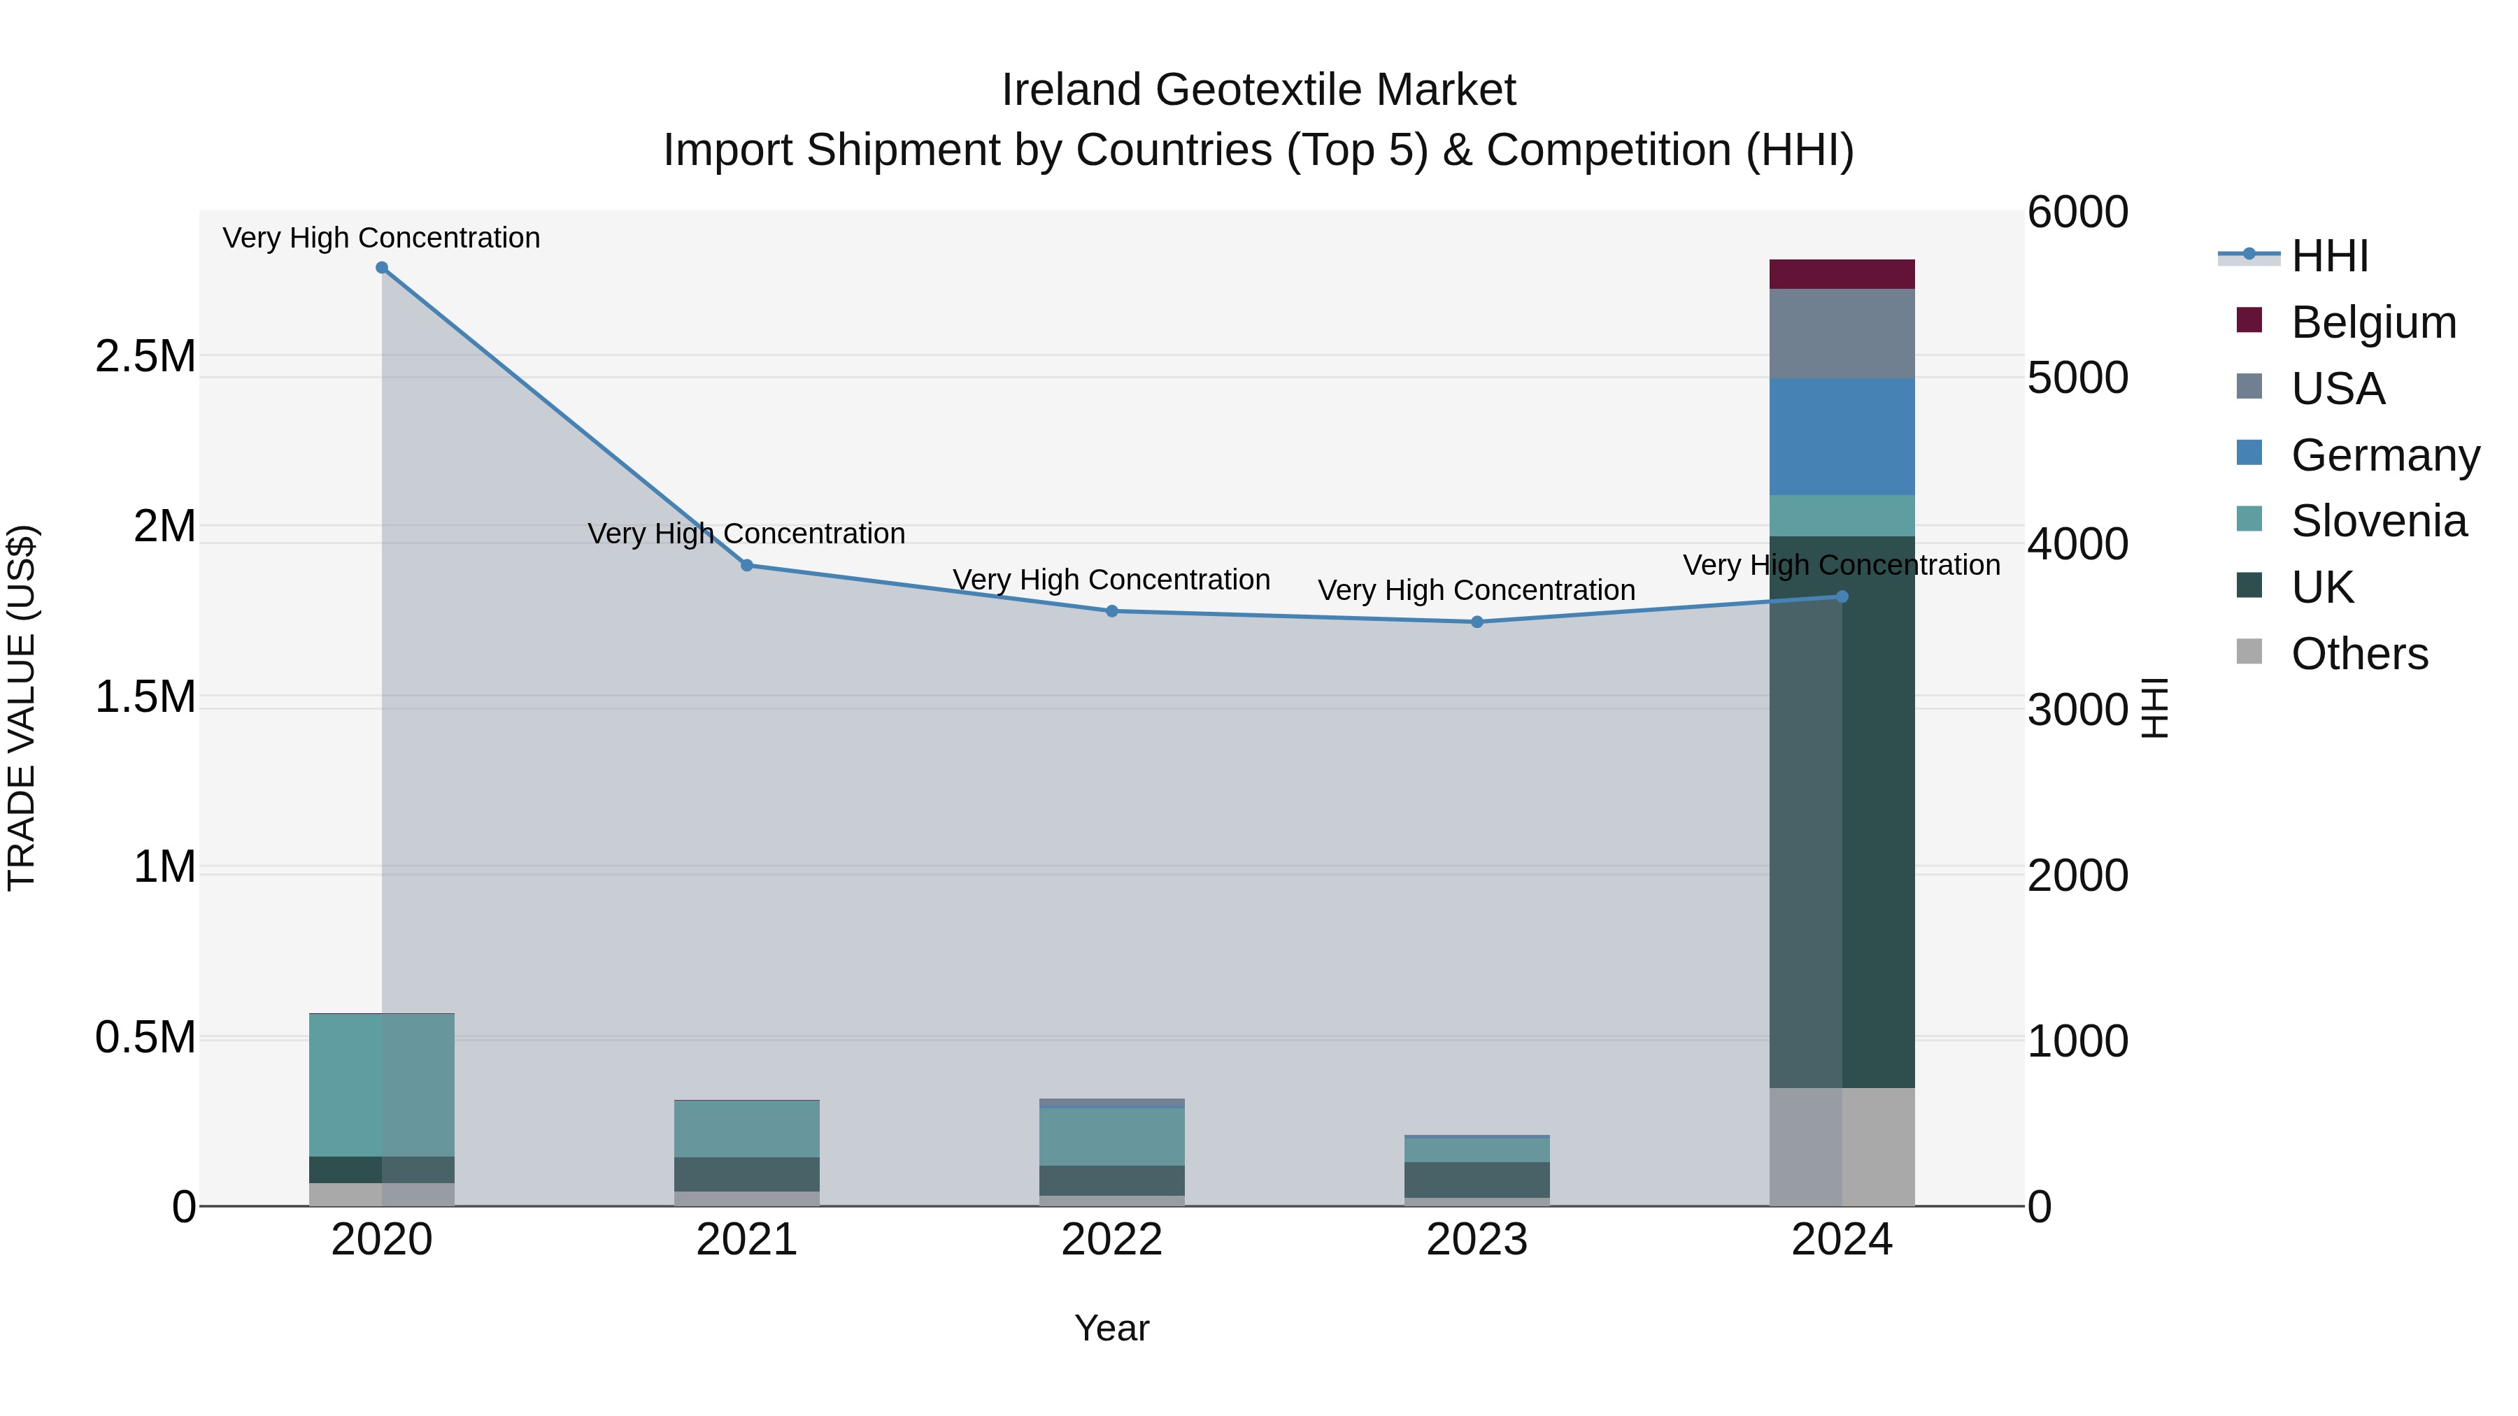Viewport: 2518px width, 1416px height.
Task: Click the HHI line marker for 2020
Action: [382, 268]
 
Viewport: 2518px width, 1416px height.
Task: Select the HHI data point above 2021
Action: [747, 565]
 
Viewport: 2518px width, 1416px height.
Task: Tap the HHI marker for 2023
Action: [1477, 622]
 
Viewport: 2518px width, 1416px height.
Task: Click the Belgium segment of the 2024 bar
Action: [1842, 275]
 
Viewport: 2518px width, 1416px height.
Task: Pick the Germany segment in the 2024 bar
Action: [1842, 437]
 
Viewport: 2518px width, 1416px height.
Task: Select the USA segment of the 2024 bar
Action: [1842, 334]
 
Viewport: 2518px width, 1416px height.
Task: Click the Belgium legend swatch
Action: [2249, 320]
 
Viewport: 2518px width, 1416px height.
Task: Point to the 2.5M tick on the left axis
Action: [145, 357]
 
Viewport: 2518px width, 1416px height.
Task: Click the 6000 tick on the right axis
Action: [2077, 212]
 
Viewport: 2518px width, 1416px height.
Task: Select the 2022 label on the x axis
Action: [1111, 1240]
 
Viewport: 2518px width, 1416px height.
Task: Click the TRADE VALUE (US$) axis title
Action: [22, 708]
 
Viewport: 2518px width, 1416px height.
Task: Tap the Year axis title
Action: [1111, 1328]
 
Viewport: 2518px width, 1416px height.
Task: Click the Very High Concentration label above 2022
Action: [1111, 580]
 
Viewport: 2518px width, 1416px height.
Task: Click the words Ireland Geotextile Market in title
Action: [1258, 90]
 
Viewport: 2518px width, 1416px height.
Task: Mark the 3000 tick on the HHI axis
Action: [2077, 710]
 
